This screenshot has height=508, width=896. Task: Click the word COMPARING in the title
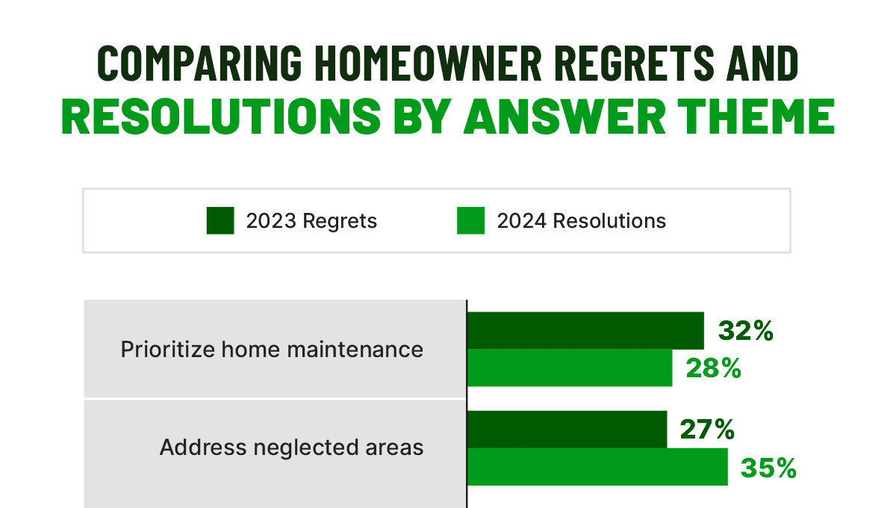pos(199,63)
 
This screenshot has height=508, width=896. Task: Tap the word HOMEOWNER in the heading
pos(428,63)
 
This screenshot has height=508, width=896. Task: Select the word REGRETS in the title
pos(635,63)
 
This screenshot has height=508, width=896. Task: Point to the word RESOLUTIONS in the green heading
pos(221,116)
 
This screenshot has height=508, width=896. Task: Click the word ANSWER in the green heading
pos(564,116)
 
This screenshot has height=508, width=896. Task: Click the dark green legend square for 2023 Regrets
pos(220,220)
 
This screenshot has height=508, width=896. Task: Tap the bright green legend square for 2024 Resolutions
pos(471,220)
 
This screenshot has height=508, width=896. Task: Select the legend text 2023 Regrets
pos(311,221)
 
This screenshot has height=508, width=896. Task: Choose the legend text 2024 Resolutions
pos(582,221)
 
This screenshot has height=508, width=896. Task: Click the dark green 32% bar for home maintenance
pos(585,331)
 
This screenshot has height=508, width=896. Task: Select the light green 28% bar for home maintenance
pos(570,368)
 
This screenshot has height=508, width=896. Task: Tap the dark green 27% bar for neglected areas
pos(567,430)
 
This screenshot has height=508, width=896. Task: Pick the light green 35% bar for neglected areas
pos(597,467)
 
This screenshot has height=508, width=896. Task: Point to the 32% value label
pos(746,331)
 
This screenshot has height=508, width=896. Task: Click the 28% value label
pos(714,368)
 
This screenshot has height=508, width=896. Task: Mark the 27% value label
pos(708,430)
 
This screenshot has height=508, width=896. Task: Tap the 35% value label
pos(769,468)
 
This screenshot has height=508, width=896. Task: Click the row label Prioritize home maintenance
pos(272,350)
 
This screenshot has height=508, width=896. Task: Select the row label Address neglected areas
pos(292,447)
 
